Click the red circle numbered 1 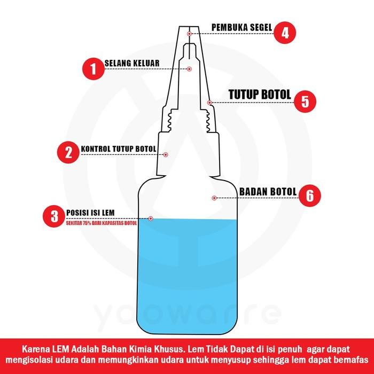[x=93, y=69]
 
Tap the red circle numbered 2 [x=68, y=152]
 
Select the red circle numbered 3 [x=54, y=216]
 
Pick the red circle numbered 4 [x=285, y=33]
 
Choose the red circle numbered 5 [x=305, y=101]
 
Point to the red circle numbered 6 [x=309, y=196]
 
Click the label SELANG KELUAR [x=132, y=63]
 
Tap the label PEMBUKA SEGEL [x=242, y=27]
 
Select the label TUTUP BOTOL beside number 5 [x=260, y=95]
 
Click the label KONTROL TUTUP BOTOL [x=119, y=149]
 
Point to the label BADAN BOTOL [x=268, y=192]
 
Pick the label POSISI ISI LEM [x=90, y=213]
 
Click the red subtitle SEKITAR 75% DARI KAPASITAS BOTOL [x=102, y=223]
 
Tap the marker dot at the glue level [x=151, y=219]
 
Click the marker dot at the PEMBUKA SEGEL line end [x=189, y=34]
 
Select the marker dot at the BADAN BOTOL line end [x=214, y=198]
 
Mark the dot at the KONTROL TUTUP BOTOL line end [x=166, y=154]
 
